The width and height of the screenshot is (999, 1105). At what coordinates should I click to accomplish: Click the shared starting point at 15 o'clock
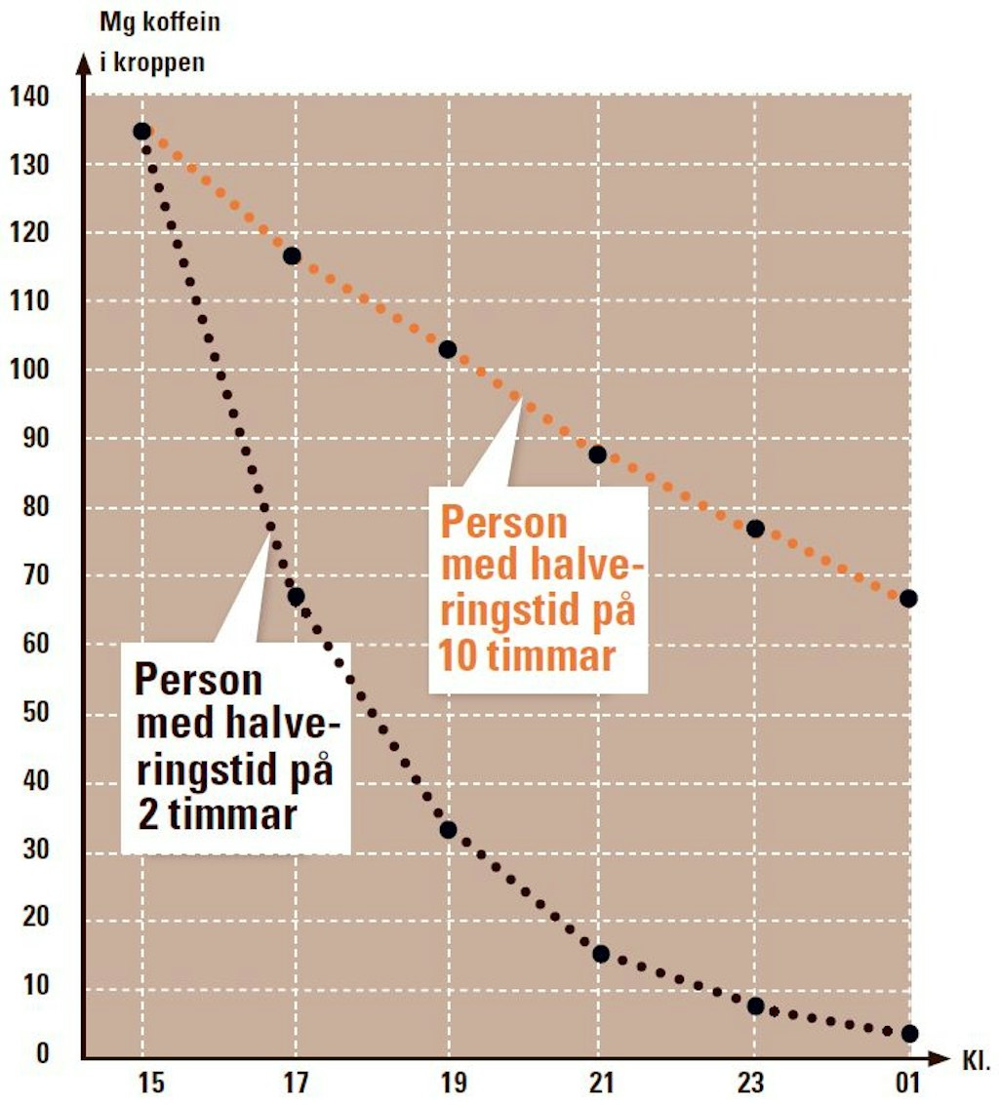click(142, 131)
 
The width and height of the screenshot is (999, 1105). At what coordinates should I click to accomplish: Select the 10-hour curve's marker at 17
click(292, 256)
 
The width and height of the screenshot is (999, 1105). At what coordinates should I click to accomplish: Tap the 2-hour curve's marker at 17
click(296, 596)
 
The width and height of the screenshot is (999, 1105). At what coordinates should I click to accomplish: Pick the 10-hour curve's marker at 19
click(448, 349)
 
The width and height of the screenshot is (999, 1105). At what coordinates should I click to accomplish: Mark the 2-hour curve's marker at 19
click(448, 830)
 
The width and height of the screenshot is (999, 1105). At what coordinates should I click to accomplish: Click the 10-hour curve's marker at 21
click(598, 454)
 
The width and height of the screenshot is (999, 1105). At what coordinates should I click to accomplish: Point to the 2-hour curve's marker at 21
click(601, 954)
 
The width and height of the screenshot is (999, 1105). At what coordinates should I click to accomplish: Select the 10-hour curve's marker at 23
click(754, 529)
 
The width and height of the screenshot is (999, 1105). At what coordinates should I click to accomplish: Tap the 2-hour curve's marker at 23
click(755, 1006)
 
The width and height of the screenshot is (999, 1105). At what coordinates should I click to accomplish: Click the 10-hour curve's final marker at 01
click(908, 598)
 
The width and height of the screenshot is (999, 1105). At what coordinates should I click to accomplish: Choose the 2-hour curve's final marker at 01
click(909, 1033)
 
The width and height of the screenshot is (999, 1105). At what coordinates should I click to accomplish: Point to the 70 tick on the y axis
click(35, 576)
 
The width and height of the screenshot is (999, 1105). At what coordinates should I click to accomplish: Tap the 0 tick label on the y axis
click(43, 1055)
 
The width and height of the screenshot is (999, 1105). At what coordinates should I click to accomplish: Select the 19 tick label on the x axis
click(454, 1084)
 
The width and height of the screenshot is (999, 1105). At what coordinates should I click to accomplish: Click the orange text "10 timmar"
click(527, 656)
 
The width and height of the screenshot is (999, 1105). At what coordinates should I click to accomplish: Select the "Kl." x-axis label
click(977, 1058)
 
